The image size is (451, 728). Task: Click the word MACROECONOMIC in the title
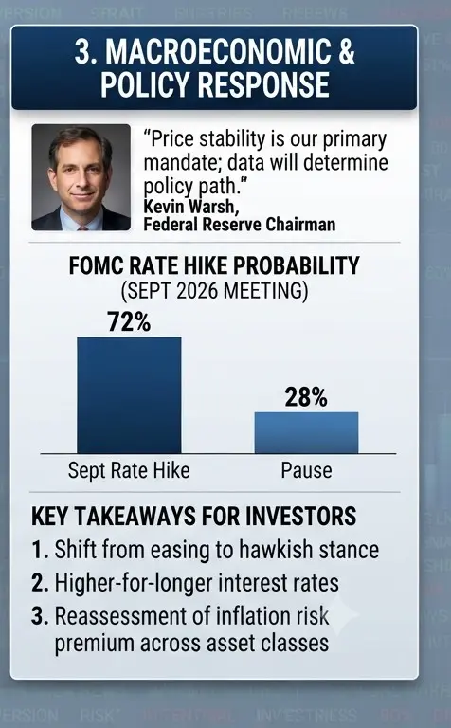219,51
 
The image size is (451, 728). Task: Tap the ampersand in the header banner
347,51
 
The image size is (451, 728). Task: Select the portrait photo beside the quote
81,177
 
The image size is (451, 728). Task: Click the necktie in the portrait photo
82,227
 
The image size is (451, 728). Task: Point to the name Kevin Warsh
191,206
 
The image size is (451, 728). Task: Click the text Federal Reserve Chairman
240,225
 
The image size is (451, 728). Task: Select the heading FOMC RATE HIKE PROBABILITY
214,265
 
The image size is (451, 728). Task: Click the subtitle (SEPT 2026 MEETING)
214,291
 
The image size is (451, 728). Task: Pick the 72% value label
129,321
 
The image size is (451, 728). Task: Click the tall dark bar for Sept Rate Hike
129,395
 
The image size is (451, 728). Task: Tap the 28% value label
306,397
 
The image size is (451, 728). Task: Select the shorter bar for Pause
306,432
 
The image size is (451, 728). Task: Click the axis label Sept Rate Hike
129,470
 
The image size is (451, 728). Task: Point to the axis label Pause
306,470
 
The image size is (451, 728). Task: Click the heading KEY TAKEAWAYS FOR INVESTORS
194,517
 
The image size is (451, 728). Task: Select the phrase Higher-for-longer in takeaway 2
135,583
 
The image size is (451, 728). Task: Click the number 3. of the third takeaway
40,616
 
